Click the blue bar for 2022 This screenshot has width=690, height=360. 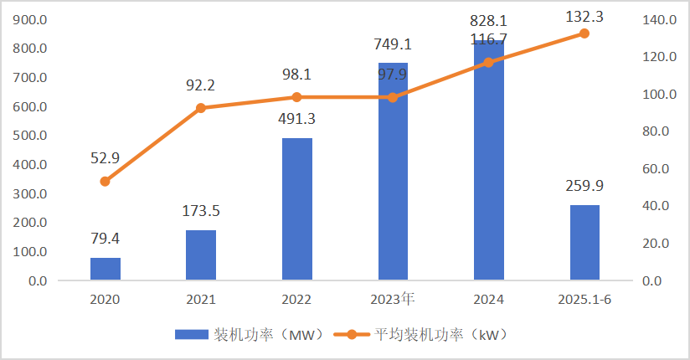click(297, 208)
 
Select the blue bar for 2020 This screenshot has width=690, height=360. click(106, 269)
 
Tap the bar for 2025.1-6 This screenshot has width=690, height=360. click(584, 242)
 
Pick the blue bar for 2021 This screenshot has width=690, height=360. click(201, 255)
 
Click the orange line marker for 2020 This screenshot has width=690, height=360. click(106, 181)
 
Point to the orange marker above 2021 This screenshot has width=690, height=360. click(201, 108)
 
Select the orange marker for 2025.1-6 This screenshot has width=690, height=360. click(584, 33)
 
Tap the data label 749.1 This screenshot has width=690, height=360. click(393, 44)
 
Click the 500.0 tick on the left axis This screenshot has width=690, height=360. click(32, 136)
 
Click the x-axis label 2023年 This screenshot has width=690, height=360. click(393, 299)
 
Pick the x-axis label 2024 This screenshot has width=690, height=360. click(489, 299)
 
